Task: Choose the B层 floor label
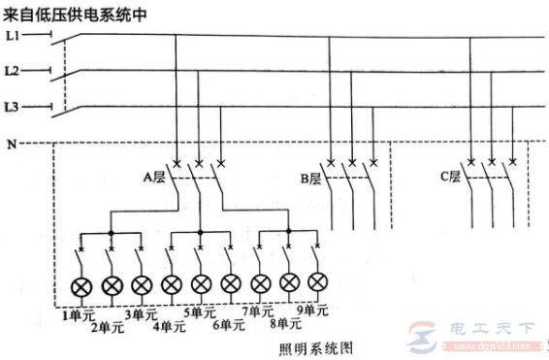click(310, 178)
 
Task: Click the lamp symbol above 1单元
click(82, 284)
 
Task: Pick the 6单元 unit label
click(229, 324)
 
